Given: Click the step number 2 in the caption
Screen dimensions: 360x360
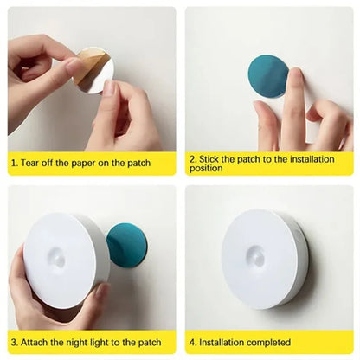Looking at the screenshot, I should [194, 157].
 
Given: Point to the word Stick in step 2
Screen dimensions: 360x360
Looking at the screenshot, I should [213, 157].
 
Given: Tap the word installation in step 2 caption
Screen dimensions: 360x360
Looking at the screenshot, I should [313, 157].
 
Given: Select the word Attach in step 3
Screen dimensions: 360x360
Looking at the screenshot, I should [37, 342].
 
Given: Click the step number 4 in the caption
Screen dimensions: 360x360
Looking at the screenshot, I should [194, 342].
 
